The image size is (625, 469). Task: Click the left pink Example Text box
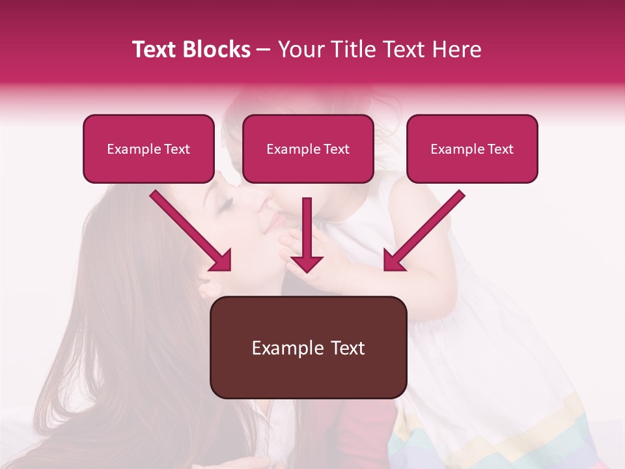[148, 149]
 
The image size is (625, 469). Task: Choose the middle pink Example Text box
[308, 149]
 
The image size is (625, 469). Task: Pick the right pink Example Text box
[472, 149]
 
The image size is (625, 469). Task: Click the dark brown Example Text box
[308, 347]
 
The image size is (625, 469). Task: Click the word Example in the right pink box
[455, 149]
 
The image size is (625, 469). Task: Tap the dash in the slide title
[264, 50]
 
